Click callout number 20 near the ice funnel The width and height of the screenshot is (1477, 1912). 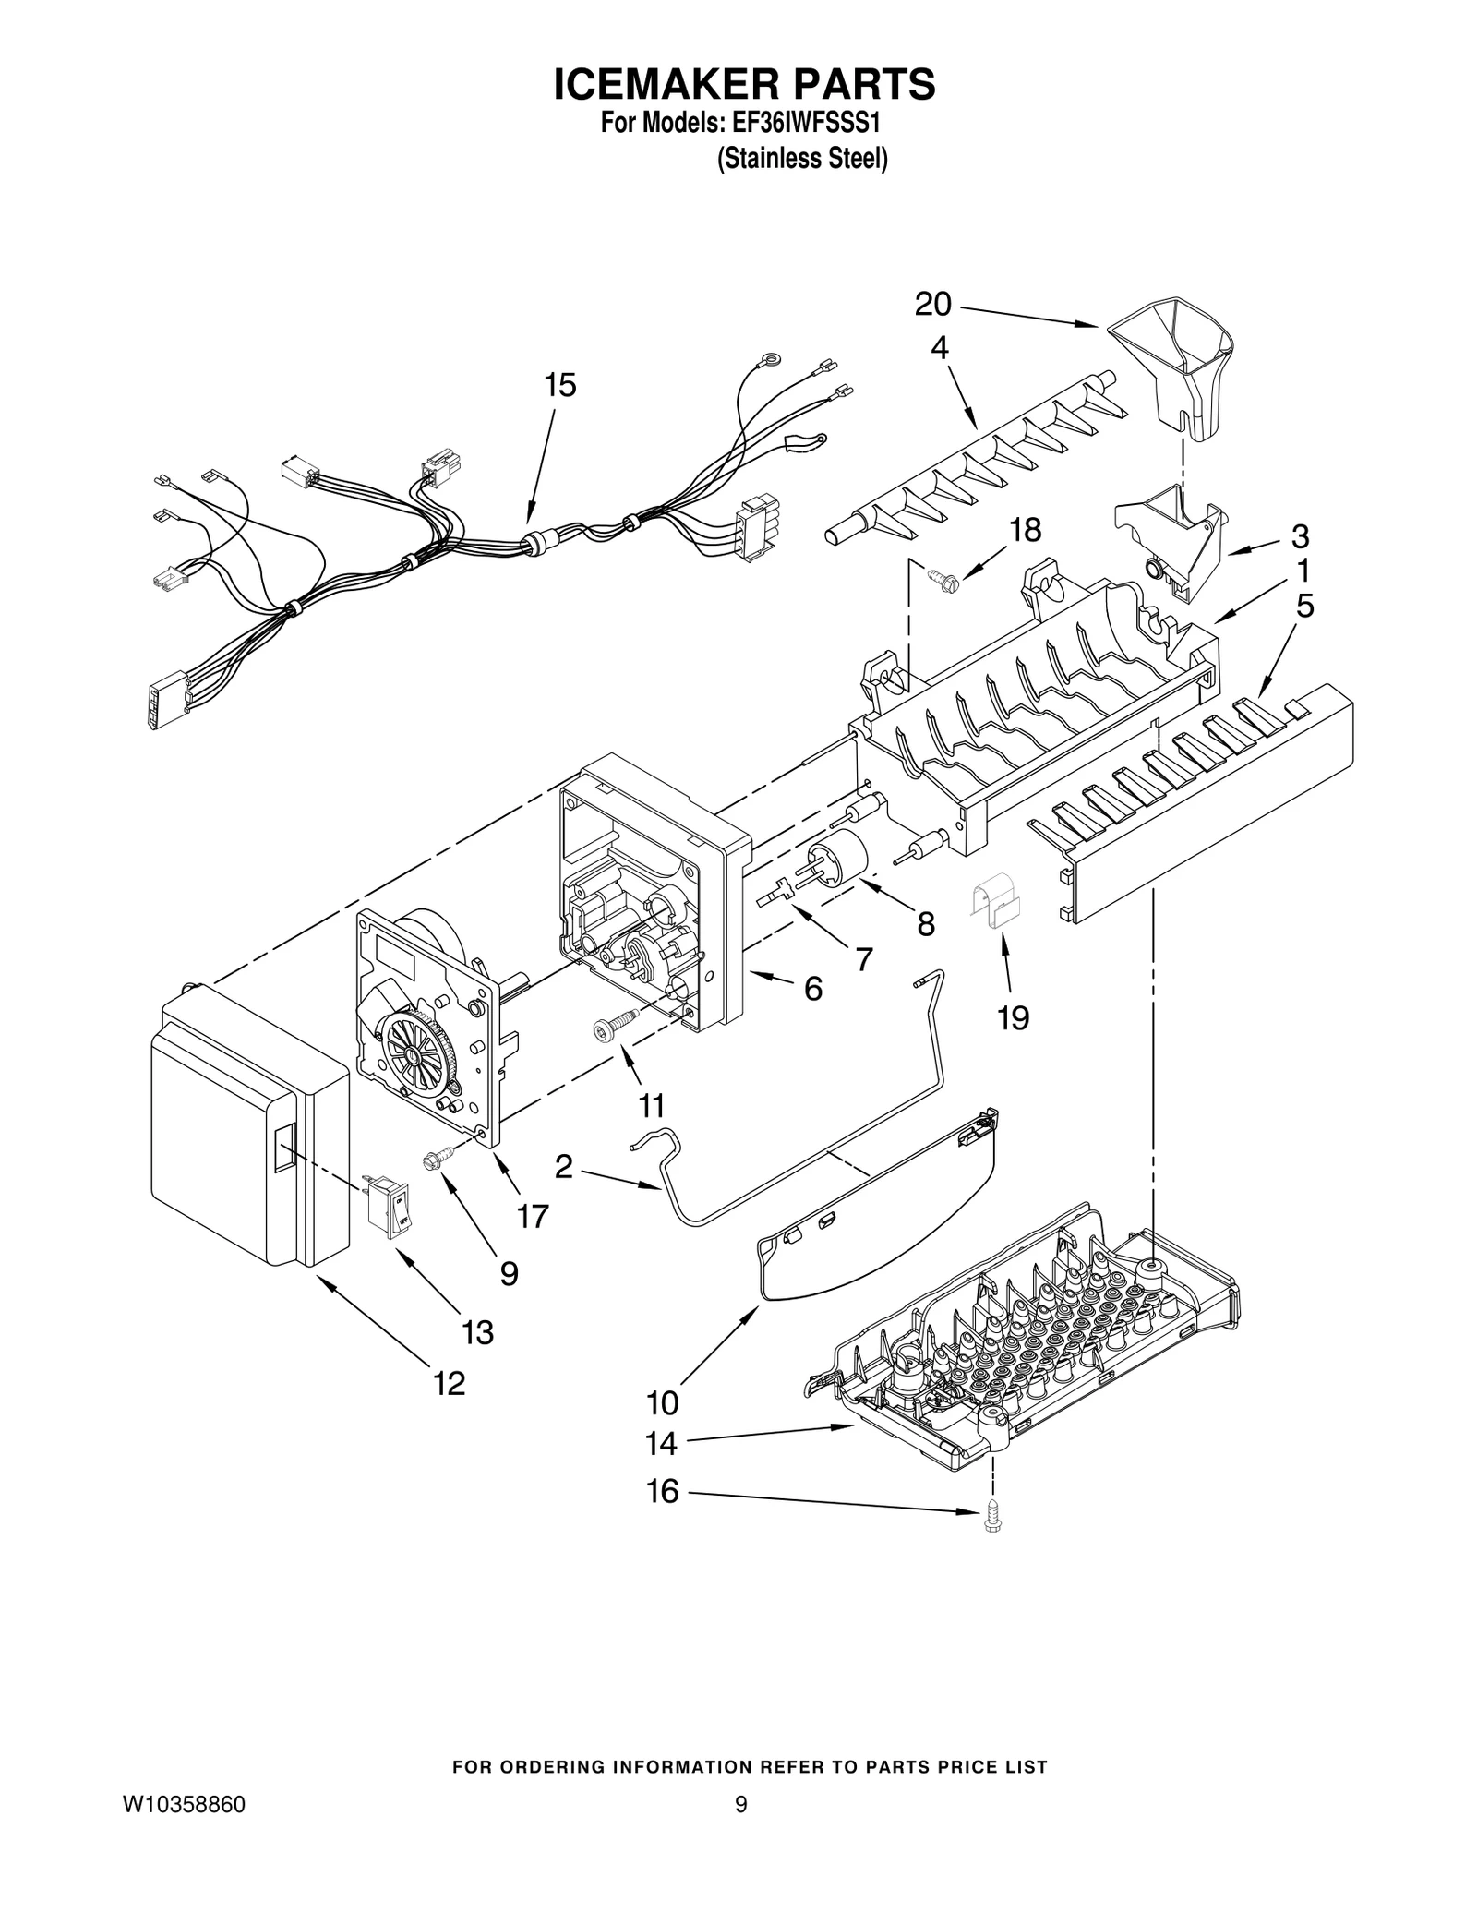(x=932, y=304)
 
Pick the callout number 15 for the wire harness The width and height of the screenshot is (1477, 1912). (x=560, y=386)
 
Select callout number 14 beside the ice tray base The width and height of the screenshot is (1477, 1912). (x=662, y=1444)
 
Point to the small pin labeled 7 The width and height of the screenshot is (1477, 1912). (x=774, y=894)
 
